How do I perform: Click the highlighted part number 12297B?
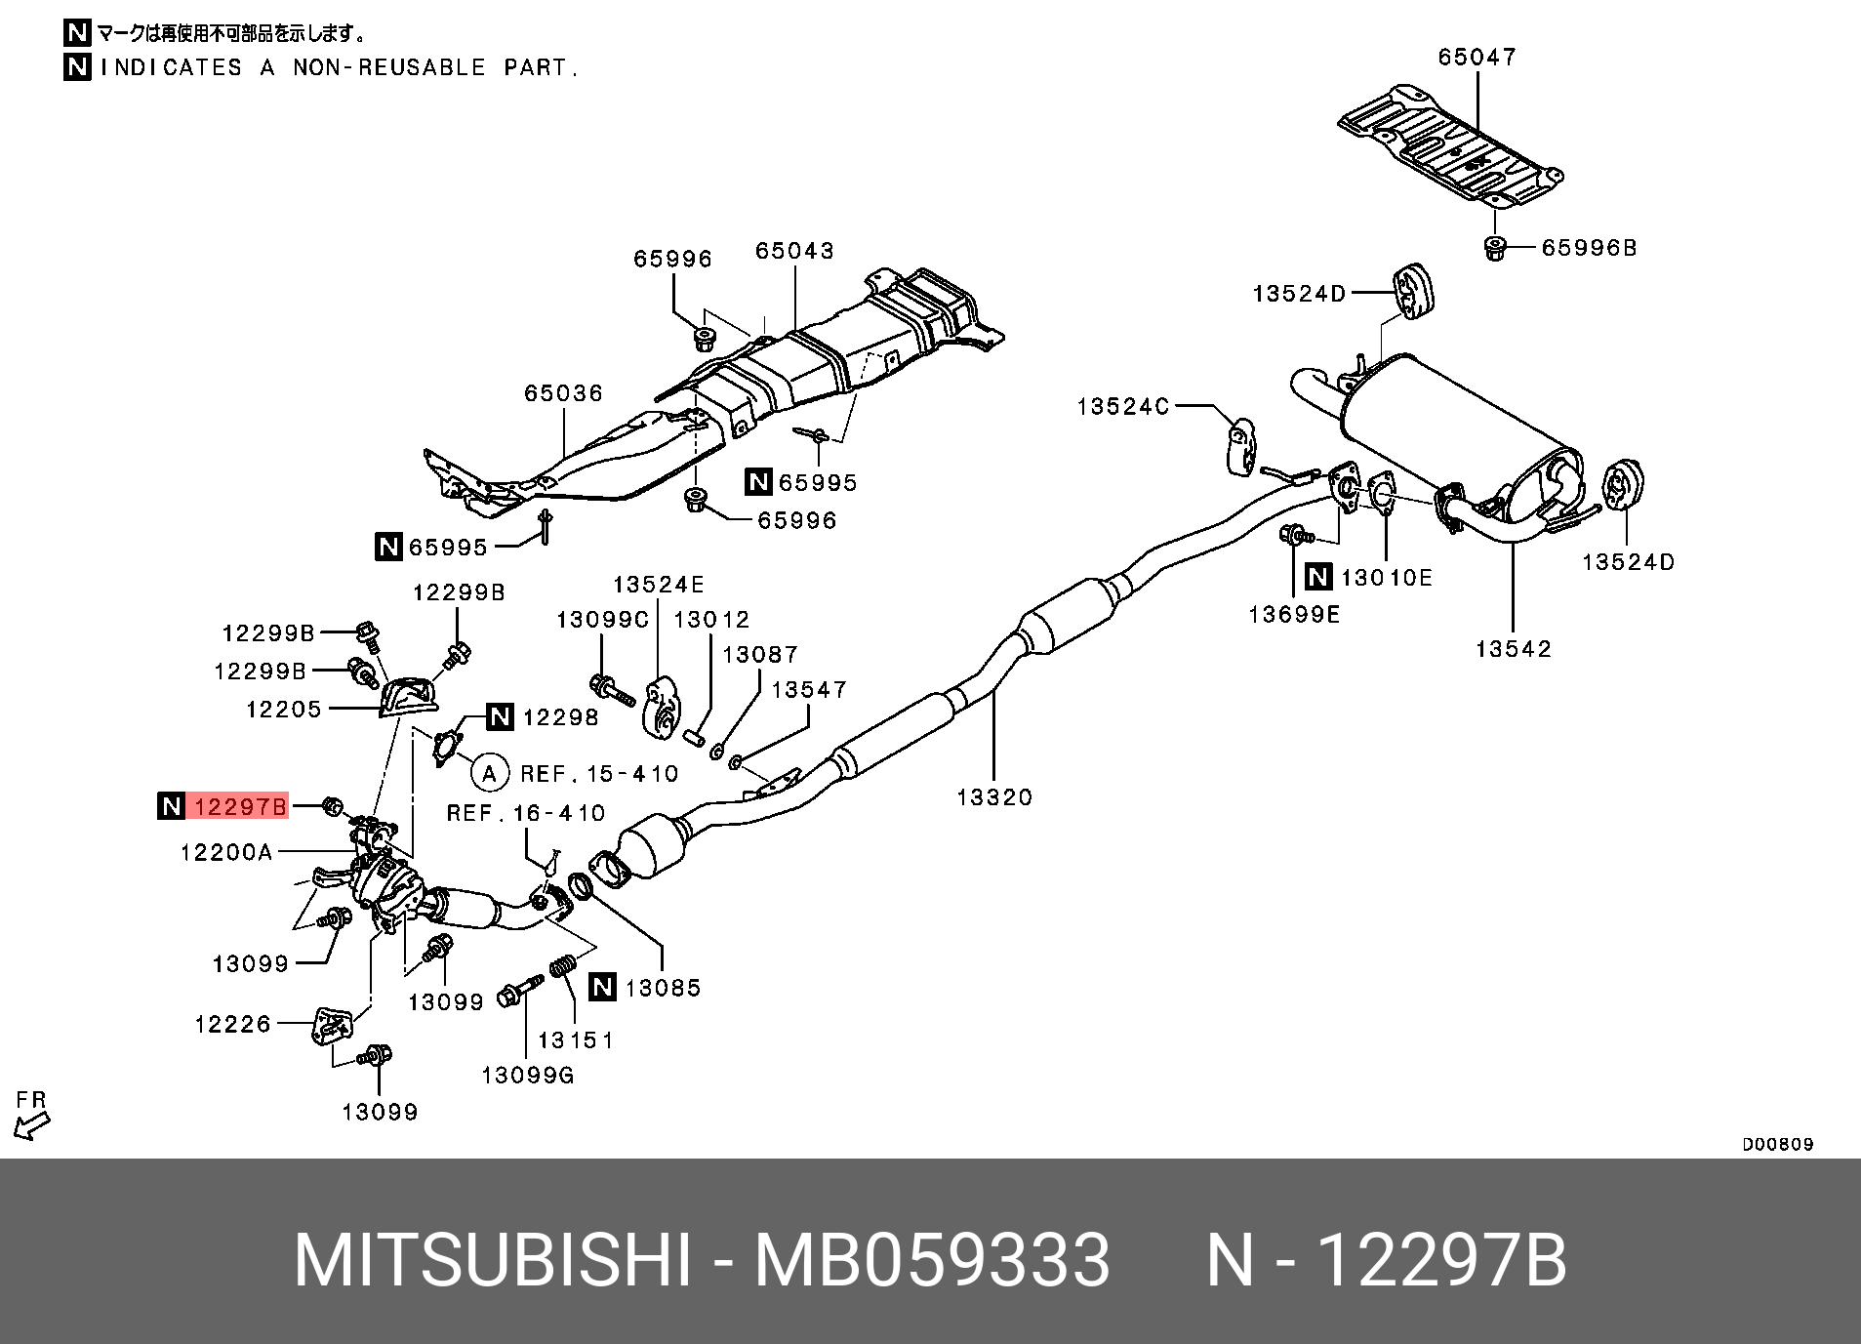click(x=240, y=806)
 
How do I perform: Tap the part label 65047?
click(x=1477, y=58)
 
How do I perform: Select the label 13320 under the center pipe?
click(x=994, y=797)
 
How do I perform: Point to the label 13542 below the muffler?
click(x=1513, y=649)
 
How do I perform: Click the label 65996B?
click(x=1589, y=248)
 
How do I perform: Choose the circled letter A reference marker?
click(x=489, y=774)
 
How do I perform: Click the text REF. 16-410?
click(x=526, y=813)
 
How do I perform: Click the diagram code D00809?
click(x=1777, y=1144)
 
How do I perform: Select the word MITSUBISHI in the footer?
click(x=492, y=1260)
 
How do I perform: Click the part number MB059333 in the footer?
click(x=932, y=1260)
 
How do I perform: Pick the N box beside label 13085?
click(x=603, y=987)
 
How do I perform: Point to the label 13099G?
click(x=528, y=1076)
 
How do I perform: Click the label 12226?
click(x=232, y=1024)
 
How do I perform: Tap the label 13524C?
click(x=1122, y=407)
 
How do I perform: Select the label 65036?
click(x=563, y=393)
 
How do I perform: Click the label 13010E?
click(x=1386, y=578)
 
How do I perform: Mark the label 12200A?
click(x=226, y=852)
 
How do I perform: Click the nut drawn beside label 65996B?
click(x=1494, y=248)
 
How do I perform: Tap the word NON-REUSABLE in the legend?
click(x=388, y=67)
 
